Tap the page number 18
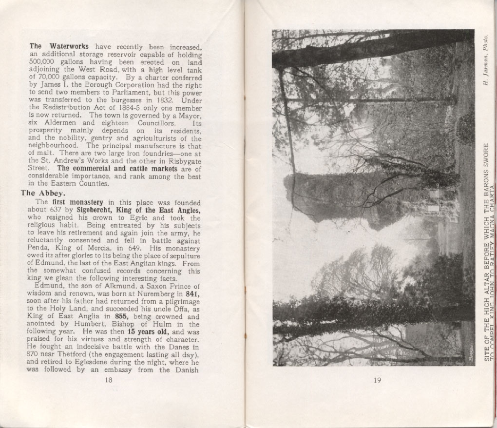pos(109,381)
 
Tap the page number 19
pos(377,381)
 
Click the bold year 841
pos(193,294)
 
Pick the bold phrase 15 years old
pos(143,332)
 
